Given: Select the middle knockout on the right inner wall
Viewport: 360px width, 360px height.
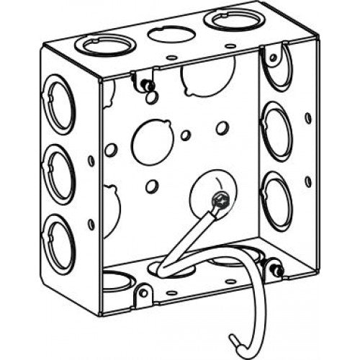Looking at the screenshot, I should tap(275, 131).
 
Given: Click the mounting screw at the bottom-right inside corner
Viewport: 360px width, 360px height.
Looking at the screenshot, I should tap(275, 271).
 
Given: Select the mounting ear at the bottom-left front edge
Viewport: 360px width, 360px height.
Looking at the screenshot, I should tap(143, 294).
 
